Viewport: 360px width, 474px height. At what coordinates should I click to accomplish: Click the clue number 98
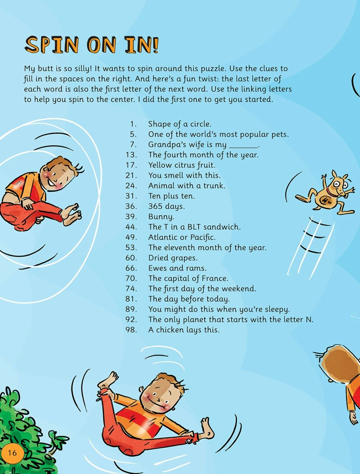131,330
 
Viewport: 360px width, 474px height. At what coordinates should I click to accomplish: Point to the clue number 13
131,155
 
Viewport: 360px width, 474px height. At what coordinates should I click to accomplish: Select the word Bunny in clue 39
161,217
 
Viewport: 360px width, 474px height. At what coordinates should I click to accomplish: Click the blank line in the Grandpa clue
243,147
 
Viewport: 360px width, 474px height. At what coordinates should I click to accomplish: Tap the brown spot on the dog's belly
327,200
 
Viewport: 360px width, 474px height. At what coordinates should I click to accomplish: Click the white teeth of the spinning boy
52,182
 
